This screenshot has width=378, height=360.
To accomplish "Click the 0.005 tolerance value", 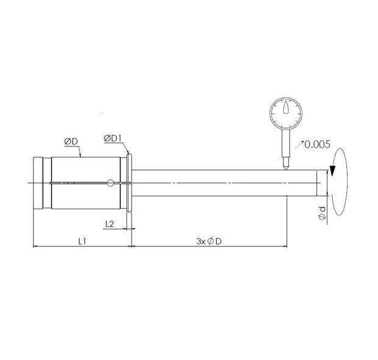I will pos(318,145).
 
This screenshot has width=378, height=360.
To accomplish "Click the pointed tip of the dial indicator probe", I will pos(285,167).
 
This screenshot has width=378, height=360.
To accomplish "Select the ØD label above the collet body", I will pos(71,142).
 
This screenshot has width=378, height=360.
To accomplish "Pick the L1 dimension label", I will pos(82,241).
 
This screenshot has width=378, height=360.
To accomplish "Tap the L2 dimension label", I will pos(110,223).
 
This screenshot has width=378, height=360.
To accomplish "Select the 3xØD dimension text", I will pos(209,241).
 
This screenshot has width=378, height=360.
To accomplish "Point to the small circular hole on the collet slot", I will pos(110,182).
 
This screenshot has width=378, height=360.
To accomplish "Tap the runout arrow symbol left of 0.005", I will pos(299,145).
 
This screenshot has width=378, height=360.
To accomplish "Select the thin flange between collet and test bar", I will pos(129,183).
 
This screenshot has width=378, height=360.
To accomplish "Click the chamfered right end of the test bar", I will pos(319,183).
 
